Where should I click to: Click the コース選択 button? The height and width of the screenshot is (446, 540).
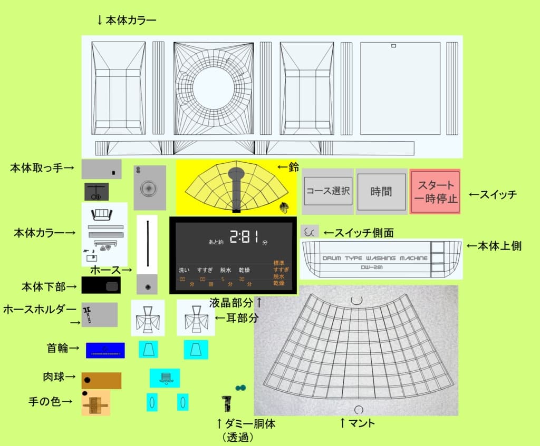click(327, 191)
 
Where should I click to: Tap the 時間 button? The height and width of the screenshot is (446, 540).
click(381, 191)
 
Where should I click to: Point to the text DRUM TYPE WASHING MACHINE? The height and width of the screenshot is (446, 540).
click(375, 259)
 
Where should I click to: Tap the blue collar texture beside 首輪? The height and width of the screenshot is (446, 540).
click(105, 350)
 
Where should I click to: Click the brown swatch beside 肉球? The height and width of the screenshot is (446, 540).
click(101, 380)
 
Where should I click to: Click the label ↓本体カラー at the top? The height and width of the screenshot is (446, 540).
click(127, 21)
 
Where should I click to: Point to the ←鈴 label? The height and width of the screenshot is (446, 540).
click(288, 167)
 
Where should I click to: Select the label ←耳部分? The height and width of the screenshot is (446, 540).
click(237, 318)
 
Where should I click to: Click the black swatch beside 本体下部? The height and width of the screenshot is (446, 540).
click(101, 285)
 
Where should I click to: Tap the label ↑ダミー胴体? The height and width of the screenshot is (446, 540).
click(246, 423)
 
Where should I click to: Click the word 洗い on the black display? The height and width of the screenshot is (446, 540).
click(184, 270)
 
